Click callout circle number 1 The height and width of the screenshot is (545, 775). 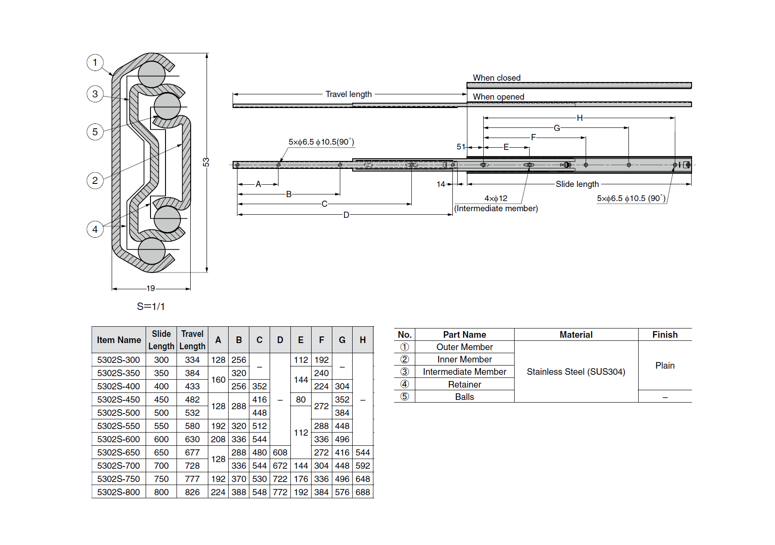(95, 63)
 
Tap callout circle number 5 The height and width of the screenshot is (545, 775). (95, 132)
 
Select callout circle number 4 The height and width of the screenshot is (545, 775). (95, 229)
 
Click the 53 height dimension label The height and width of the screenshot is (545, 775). (206, 162)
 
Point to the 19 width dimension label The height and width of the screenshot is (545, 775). (150, 288)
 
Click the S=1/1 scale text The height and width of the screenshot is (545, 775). (151, 306)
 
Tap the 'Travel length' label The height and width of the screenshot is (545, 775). (348, 94)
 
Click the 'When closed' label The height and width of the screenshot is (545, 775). (497, 78)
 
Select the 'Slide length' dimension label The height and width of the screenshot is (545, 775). (577, 184)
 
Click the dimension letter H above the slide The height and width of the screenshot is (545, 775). (579, 118)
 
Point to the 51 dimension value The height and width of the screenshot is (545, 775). (461, 147)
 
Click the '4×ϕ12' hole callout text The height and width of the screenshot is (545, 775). (496, 198)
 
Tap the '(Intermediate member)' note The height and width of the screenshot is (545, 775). (496, 208)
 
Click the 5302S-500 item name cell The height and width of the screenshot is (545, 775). (118, 413)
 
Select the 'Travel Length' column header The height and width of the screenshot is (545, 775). (192, 340)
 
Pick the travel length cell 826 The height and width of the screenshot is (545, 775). (192, 492)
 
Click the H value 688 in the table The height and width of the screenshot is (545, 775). (363, 492)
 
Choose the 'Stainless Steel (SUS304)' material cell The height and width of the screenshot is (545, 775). (576, 372)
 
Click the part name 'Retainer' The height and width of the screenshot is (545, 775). (464, 384)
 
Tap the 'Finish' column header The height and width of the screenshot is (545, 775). (665, 335)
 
